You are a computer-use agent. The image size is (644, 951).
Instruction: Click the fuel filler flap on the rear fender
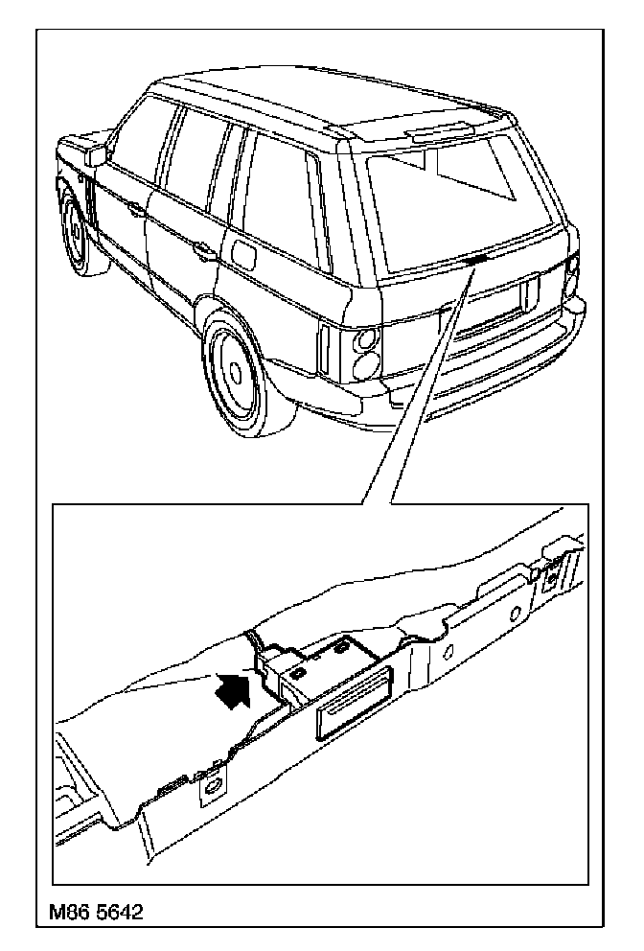[244, 256]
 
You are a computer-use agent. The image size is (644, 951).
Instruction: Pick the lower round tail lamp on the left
[364, 366]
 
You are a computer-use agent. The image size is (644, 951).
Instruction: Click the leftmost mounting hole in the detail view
[209, 789]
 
